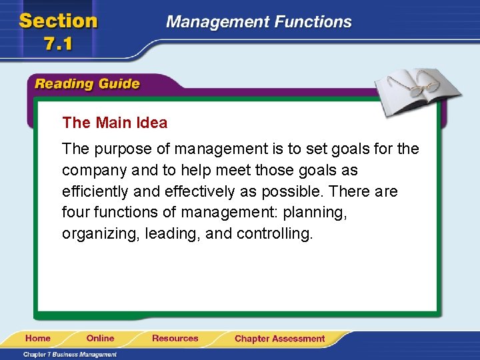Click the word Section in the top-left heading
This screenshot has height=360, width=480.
tap(59, 21)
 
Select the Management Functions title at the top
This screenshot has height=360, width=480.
tap(259, 21)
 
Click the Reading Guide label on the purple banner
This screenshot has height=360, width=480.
tap(87, 84)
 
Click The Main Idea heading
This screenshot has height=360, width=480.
tap(115, 123)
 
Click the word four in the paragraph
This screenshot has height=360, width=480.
tap(74, 213)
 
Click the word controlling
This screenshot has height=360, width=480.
tap(274, 235)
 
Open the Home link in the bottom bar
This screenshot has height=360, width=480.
tap(39, 339)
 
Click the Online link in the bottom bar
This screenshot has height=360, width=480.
tap(100, 339)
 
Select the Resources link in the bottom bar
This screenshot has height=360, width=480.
tap(175, 339)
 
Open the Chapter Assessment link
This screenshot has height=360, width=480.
tap(279, 339)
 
